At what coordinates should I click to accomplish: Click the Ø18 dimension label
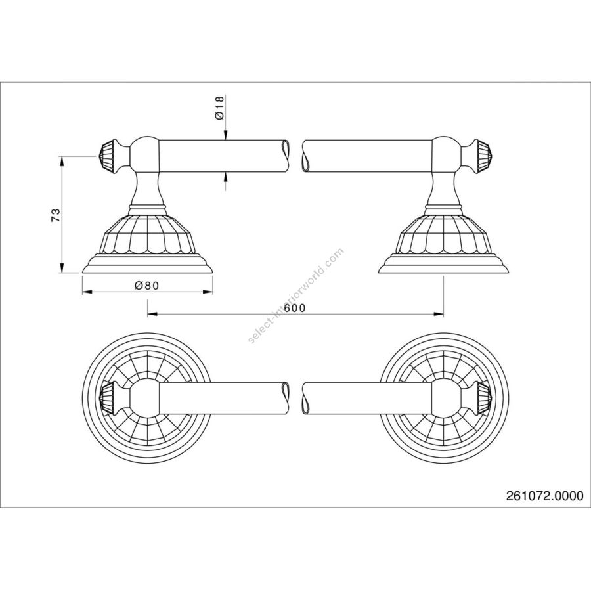[220, 107]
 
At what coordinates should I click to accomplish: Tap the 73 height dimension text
[56, 215]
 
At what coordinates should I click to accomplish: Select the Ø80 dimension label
[148, 286]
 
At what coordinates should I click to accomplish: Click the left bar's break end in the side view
[286, 154]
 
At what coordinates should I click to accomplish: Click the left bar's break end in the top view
[286, 395]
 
